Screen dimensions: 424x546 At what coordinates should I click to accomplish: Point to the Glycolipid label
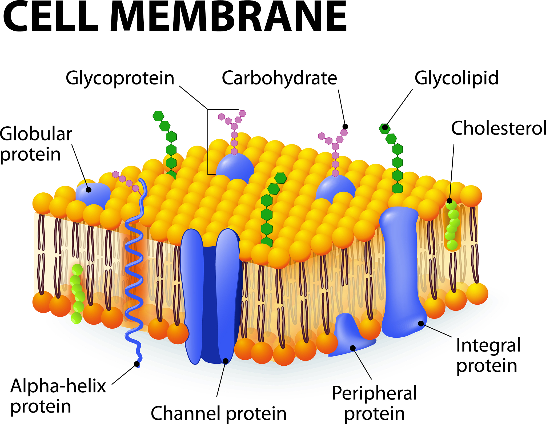tap(456, 78)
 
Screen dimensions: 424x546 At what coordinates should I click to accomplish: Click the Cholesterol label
tap(498, 128)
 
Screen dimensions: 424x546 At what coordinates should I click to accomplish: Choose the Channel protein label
tap(219, 413)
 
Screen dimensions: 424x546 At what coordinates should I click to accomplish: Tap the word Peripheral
tap(374, 393)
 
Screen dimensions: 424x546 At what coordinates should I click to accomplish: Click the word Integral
tap(488, 345)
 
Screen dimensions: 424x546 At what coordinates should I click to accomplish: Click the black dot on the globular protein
tap(89, 190)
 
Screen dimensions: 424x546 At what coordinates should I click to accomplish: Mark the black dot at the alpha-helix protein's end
tap(137, 364)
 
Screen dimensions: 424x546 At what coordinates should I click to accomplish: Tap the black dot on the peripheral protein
tap(353, 348)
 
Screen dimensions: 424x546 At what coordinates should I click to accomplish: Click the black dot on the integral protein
tap(421, 324)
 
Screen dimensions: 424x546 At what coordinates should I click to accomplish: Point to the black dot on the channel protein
tap(226, 361)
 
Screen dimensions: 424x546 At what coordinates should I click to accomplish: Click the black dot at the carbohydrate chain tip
tap(345, 127)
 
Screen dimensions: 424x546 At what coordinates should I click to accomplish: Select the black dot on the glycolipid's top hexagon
tap(385, 127)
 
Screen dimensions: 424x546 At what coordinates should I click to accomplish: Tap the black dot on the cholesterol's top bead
tap(449, 201)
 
